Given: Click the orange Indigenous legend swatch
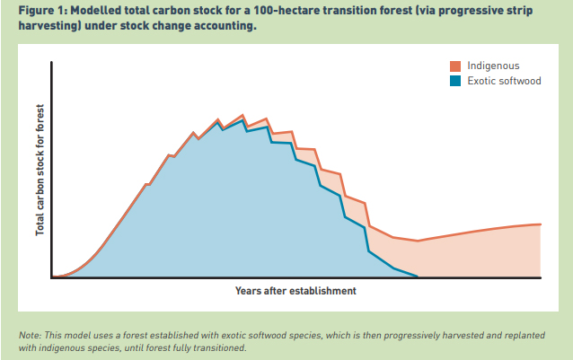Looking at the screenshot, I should [x=455, y=66].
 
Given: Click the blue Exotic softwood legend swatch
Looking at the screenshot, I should [x=455, y=81].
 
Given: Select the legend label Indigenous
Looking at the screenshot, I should [x=492, y=66].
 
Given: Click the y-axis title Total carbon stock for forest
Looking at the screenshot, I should [x=40, y=171].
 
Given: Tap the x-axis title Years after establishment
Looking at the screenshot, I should [x=295, y=291].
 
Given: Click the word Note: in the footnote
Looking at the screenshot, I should [x=31, y=335].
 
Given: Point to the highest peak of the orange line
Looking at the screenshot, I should [x=242, y=115].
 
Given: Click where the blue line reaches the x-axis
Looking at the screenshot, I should [x=418, y=277].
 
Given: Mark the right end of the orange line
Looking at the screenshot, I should [x=541, y=224].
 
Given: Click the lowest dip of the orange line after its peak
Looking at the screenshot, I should [x=418, y=241].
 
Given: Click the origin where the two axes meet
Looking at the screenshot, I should [x=53, y=277].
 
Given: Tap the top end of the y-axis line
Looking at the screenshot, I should [x=53, y=62].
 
